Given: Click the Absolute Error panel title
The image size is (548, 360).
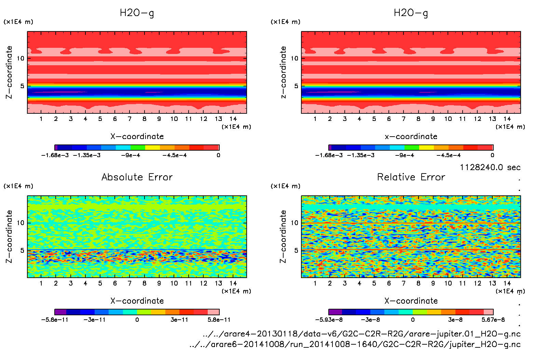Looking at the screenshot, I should pyautogui.click(x=137, y=177).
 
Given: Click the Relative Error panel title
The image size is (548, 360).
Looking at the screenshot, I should pyautogui.click(x=411, y=177).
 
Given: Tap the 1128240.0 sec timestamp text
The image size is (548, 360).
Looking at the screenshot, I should pyautogui.click(x=490, y=167).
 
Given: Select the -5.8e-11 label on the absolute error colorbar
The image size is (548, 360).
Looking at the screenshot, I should pyautogui.click(x=55, y=320).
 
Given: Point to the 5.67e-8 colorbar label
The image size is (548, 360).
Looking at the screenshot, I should pyautogui.click(x=493, y=320).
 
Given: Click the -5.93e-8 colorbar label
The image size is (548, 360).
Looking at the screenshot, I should pyautogui.click(x=329, y=320).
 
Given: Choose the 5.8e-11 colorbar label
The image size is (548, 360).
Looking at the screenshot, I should pyautogui.click(x=219, y=320).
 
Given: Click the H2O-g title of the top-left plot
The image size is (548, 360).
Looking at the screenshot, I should pyautogui.click(x=137, y=13).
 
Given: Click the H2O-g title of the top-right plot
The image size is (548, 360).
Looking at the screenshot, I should pyautogui.click(x=411, y=13).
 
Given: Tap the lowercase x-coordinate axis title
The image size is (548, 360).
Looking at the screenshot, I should pyautogui.click(x=411, y=137).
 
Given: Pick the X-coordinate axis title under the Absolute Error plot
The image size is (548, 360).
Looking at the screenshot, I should pyautogui.click(x=137, y=301).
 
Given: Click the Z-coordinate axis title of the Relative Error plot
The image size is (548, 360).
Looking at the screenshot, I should pyautogui.click(x=283, y=236).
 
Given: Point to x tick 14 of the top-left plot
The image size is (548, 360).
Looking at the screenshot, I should pyautogui.click(x=233, y=119).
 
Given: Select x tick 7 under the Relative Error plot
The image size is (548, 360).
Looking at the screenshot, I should pyautogui.click(x=403, y=283).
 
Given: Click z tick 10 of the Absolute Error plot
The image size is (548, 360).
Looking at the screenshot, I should pyautogui.click(x=20, y=223).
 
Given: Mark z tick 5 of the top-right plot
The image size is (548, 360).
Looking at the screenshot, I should pyautogui.click(x=296, y=86).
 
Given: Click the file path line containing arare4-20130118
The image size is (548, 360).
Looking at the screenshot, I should pyautogui.click(x=361, y=334).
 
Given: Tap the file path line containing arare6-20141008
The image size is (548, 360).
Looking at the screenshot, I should pyautogui.click(x=355, y=344).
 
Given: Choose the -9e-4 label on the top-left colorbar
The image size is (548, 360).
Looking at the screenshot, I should pyautogui.click(x=131, y=155).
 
